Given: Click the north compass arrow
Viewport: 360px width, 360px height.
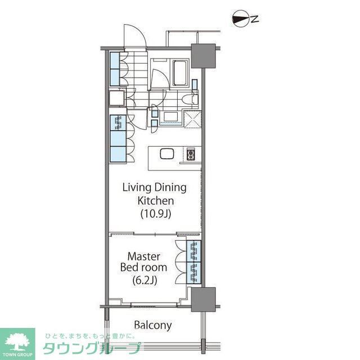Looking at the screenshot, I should click(240, 19).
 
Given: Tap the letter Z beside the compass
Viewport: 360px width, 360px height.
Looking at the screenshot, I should click(254, 19).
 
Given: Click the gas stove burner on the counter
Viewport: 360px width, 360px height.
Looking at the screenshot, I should click(191, 154).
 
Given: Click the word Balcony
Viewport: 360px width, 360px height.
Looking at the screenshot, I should click(153, 325).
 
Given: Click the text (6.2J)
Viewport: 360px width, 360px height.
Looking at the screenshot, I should click(144, 279).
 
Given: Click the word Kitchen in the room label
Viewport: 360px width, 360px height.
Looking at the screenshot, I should click(155, 200).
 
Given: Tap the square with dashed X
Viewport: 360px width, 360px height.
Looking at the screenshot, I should click(192, 119).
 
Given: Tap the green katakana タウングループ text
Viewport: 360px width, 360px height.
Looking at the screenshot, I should click(93, 348).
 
